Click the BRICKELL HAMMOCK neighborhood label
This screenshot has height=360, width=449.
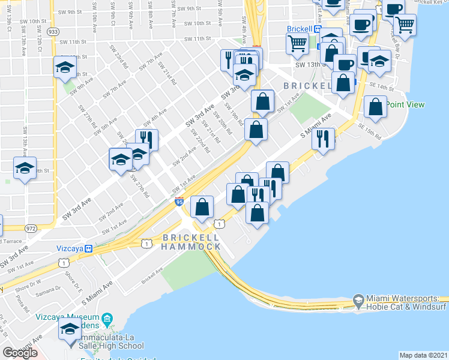(x=191, y=242)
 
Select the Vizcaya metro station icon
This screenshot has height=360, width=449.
(x=88, y=248)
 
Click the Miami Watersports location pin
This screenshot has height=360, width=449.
(x=358, y=298)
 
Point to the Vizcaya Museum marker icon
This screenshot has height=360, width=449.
(x=107, y=317)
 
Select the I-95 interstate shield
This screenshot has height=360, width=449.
(x=179, y=202)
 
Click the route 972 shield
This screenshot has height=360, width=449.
(x=32, y=228)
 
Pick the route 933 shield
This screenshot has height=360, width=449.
(x=52, y=31)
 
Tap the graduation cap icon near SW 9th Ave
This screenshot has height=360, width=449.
(x=64, y=67)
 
